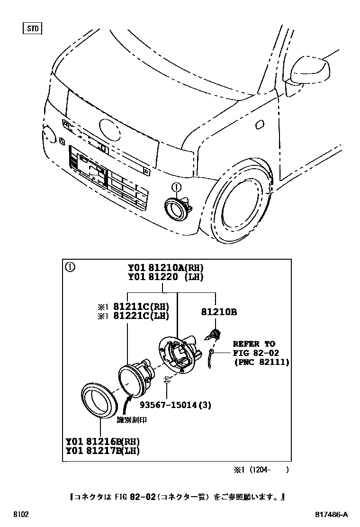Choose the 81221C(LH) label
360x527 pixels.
pyautogui.click(x=141, y=316)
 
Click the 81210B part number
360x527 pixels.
pyautogui.click(x=218, y=312)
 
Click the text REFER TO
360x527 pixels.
pyautogui.click(x=253, y=344)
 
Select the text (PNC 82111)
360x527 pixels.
pyautogui.click(x=261, y=362)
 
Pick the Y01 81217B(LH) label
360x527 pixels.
pyautogui.click(x=103, y=451)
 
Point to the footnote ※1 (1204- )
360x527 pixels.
pyautogui.click(x=260, y=470)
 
